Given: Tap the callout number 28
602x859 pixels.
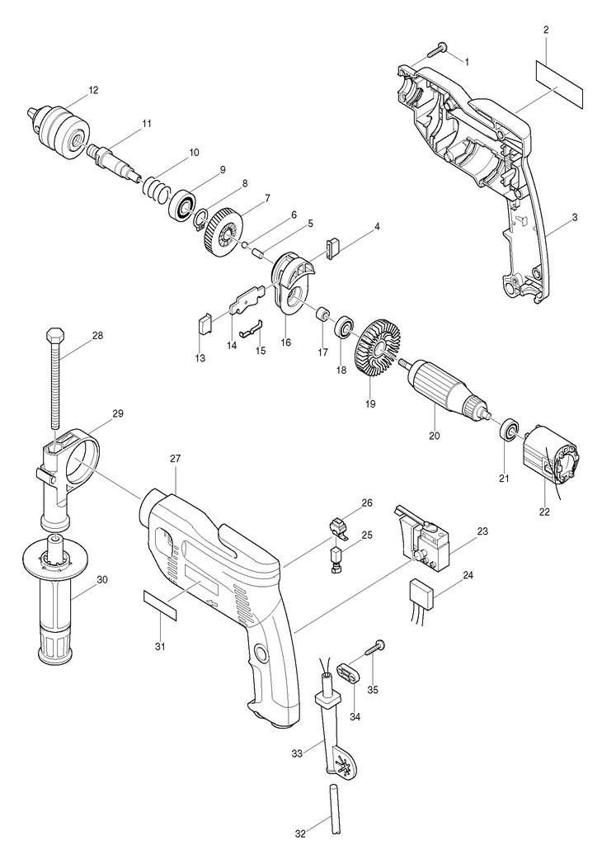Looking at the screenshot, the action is [x=97, y=335].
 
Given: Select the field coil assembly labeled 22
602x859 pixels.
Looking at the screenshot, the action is [x=553, y=457].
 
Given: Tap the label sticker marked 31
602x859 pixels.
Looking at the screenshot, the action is [x=161, y=605].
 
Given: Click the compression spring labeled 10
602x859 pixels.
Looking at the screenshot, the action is [x=155, y=188].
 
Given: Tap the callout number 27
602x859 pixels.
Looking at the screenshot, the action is [x=175, y=460].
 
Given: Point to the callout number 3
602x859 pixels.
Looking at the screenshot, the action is [x=575, y=218].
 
